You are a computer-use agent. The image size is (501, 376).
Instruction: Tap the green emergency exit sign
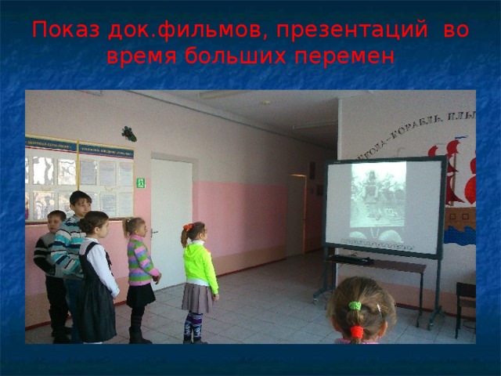click(x=141, y=183)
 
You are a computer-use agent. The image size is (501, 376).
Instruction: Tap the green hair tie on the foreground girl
click(x=355, y=305)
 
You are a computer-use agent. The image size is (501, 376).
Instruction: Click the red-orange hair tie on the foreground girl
click(x=357, y=332)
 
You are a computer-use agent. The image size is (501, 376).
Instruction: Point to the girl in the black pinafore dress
click(x=98, y=282)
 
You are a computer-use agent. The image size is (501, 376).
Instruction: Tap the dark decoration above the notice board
click(x=128, y=134)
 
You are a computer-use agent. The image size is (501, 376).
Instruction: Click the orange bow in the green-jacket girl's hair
click(x=188, y=228)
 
